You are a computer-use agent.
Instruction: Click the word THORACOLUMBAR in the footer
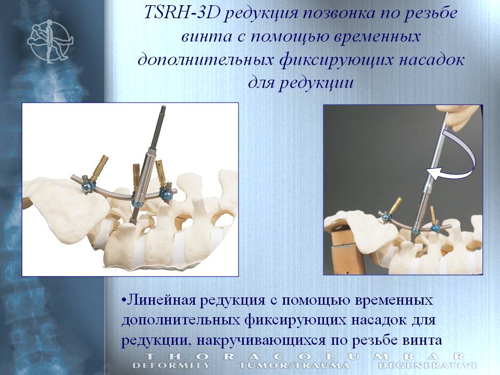click(x=305, y=356)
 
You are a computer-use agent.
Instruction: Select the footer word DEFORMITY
click(x=171, y=365)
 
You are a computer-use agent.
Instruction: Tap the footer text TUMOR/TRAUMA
click(x=294, y=365)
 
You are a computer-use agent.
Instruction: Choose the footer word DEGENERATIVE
click(x=428, y=365)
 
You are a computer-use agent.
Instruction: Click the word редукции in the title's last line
click(x=316, y=83)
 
